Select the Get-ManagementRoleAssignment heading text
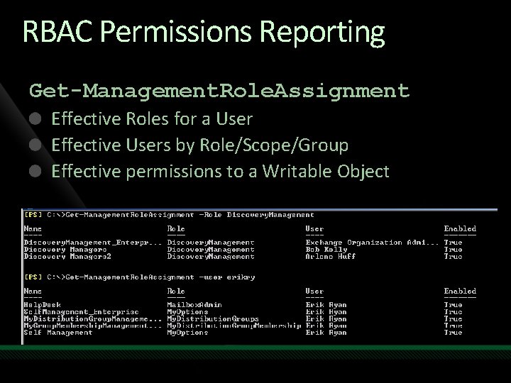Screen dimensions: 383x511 [x=219, y=91]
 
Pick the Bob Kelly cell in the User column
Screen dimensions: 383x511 [x=327, y=250]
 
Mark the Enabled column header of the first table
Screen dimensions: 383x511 [x=460, y=229]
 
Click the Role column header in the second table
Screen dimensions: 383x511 [x=176, y=291]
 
